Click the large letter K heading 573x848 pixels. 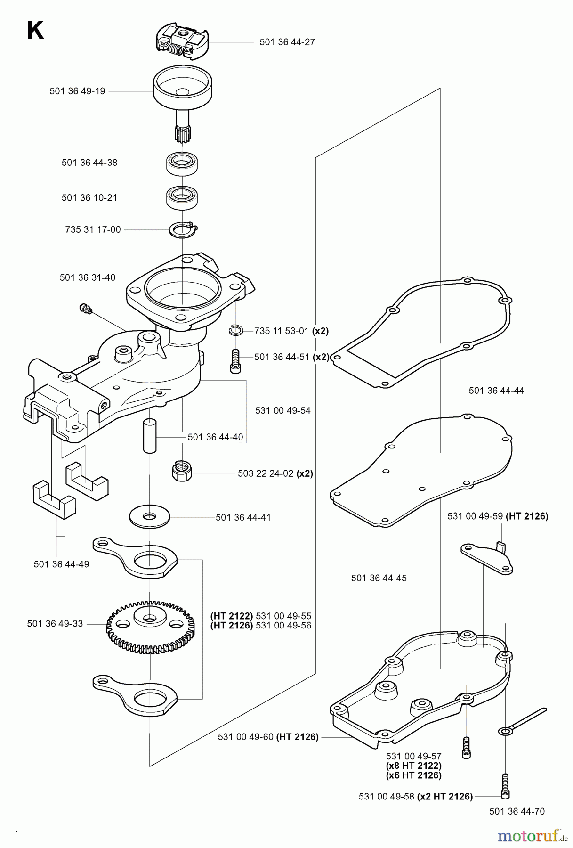pyautogui.click(x=36, y=32)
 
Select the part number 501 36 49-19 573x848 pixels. pyautogui.click(x=77, y=91)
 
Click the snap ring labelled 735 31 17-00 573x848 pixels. pyautogui.click(x=184, y=230)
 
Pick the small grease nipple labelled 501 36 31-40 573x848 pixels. pyautogui.click(x=85, y=309)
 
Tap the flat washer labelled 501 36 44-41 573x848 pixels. pyautogui.click(x=150, y=517)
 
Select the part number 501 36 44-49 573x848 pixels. pyautogui.click(x=61, y=564)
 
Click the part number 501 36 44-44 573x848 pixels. pyautogui.click(x=496, y=390)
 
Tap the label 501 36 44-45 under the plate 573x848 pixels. pyautogui.click(x=379, y=578)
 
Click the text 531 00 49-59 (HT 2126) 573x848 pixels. pyautogui.click(x=498, y=516)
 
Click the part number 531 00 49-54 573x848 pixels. pyautogui.click(x=282, y=410)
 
